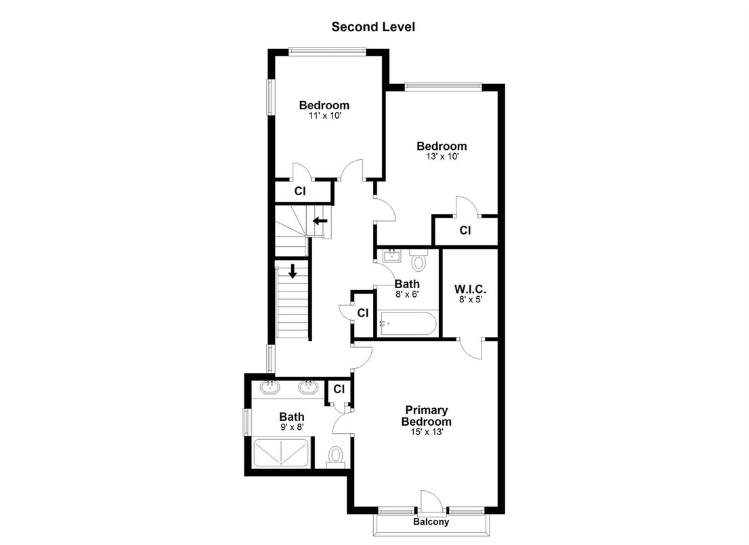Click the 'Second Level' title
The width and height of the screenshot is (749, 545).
point(372,27)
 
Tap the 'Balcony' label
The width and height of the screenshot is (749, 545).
point(431,522)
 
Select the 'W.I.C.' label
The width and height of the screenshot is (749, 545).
point(470,289)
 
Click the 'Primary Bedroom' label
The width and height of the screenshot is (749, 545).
point(427,416)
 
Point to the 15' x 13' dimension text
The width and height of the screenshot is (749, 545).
point(427,432)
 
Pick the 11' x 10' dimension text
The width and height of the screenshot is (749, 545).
point(324,116)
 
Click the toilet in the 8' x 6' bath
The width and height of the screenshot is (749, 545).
point(419,260)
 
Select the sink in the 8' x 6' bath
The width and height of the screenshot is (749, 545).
point(391,256)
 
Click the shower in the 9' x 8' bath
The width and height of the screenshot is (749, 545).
point(282,452)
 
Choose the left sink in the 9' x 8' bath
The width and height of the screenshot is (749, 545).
point(270,387)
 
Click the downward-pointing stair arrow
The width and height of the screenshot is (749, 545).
point(293,272)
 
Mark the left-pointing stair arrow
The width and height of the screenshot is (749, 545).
point(320,220)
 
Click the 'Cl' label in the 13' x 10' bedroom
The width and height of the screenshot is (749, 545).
point(465,230)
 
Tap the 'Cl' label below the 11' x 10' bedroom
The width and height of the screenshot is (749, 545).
point(300,192)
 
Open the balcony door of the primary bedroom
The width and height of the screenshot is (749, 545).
point(431,502)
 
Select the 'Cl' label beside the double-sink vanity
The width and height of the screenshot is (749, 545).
point(339,390)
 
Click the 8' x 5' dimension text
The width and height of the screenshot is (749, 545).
point(470,299)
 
